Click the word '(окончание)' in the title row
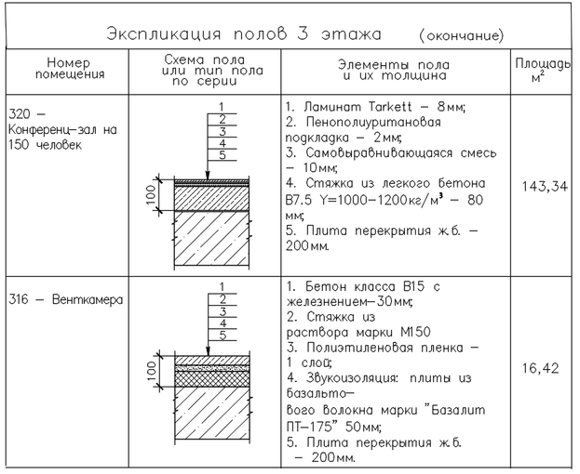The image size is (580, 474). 462,36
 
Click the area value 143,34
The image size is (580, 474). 541,186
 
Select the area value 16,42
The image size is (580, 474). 540,369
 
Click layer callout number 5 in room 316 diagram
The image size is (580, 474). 222,335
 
